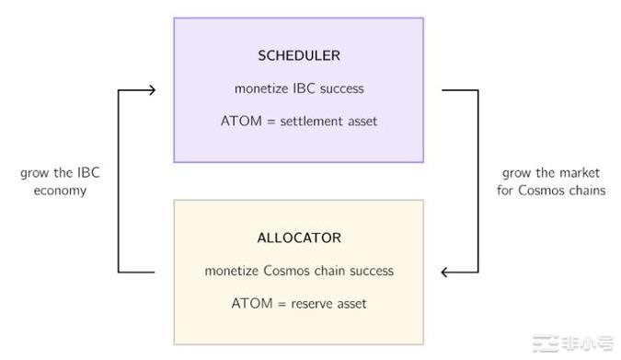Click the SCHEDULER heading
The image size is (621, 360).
pos(299,55)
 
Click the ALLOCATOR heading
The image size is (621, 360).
pos(299,238)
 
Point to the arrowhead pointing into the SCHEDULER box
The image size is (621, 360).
pos(151,89)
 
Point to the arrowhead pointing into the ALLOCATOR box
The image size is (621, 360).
pos(447,272)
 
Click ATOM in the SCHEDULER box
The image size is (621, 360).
pos(238,122)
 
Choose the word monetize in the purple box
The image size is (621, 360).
pos(259,89)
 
